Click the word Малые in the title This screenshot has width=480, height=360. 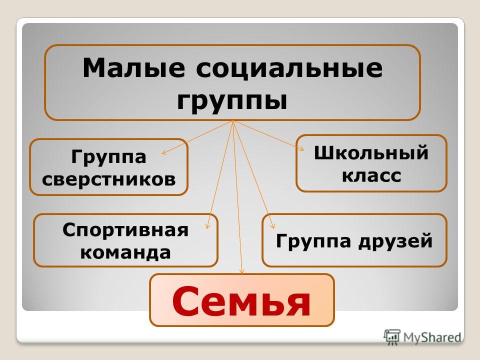[134, 67]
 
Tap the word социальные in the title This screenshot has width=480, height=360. [289, 68]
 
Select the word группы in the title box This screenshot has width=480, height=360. [232, 101]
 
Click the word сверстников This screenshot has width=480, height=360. [109, 179]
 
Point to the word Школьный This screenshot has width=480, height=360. [371, 152]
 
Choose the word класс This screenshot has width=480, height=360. [371, 176]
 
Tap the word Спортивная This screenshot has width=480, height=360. [125, 230]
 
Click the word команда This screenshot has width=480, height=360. [125, 253]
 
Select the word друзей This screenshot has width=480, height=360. [395, 241]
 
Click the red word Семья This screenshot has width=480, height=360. [241, 301]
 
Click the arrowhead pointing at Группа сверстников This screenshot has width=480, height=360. [164, 152]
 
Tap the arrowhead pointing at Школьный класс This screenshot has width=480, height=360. [301, 149]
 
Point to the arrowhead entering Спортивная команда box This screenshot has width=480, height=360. [208, 226]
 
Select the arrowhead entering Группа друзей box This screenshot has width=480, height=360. [272, 226]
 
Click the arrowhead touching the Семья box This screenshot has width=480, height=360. [242, 272]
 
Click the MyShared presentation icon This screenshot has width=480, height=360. [392, 337]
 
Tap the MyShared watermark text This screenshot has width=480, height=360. [432, 337]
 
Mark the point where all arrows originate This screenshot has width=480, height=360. [233, 120]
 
